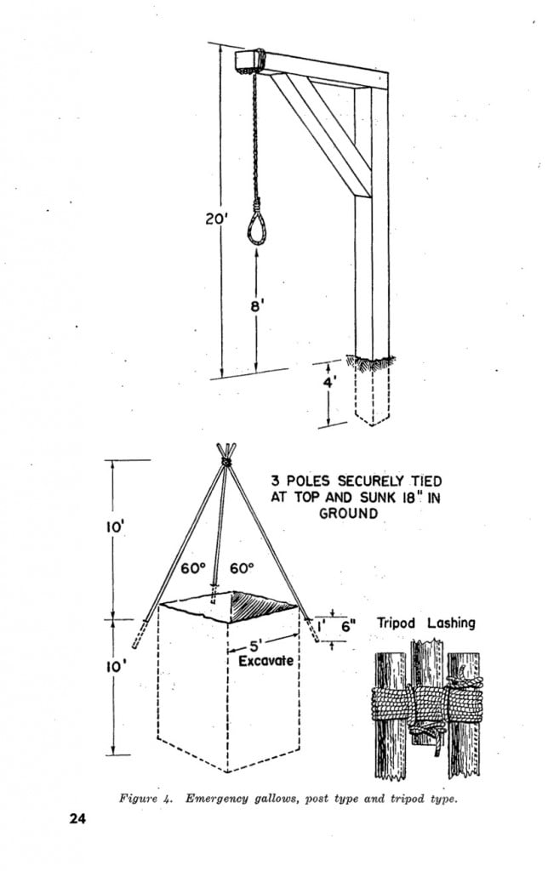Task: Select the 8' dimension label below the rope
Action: click(257, 305)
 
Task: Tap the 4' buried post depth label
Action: click(330, 383)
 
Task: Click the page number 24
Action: click(77, 818)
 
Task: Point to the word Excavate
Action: click(265, 660)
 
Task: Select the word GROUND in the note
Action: click(348, 513)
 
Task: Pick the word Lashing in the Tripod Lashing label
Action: click(451, 623)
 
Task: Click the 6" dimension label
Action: click(347, 626)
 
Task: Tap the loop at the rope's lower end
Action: click(256, 228)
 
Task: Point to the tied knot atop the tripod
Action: click(225, 461)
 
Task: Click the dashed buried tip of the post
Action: click(373, 395)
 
